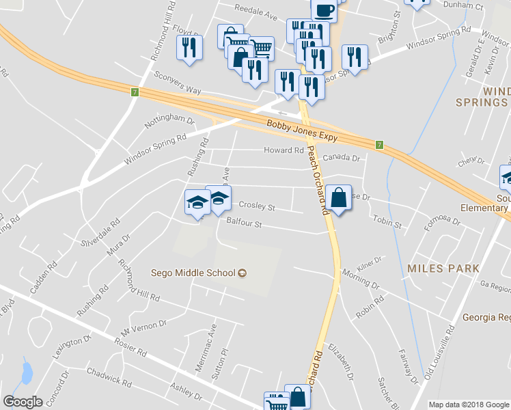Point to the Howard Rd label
pyautogui.click(x=284, y=150)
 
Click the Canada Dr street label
pyautogui.click(x=341, y=158)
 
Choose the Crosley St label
pyautogui.click(x=256, y=206)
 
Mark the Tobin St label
pyautogui.click(x=387, y=223)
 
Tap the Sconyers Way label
pyautogui.click(x=178, y=80)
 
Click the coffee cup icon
pyautogui.click(x=324, y=9)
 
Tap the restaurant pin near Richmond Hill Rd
pyautogui.click(x=188, y=47)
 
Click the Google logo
pyautogui.click(x=23, y=401)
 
